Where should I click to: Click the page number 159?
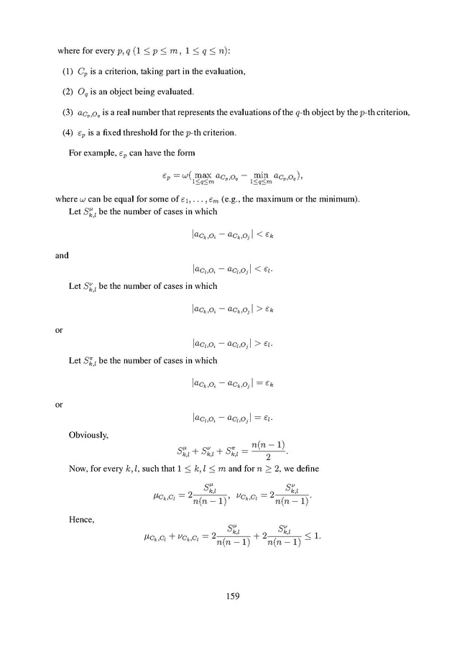click(231, 595)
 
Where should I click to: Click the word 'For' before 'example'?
click(75, 153)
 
